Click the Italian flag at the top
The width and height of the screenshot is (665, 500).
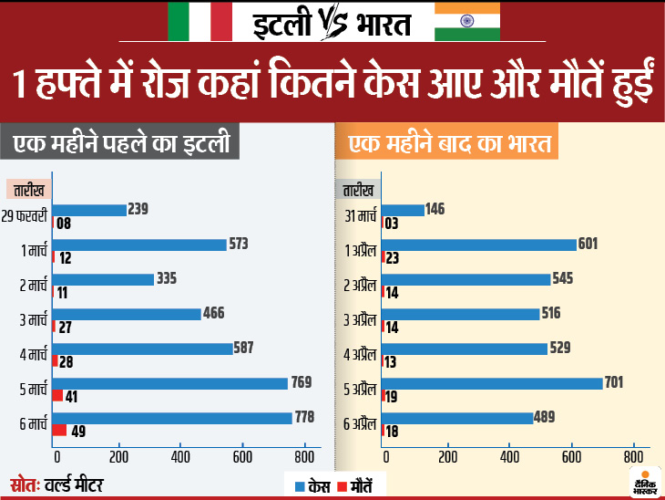[x=199, y=20]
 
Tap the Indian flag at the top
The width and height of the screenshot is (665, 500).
[x=467, y=20]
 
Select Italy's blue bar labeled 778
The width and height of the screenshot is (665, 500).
[x=173, y=417]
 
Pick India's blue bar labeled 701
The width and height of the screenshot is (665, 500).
[x=493, y=383]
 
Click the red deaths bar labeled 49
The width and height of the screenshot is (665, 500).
[x=59, y=431]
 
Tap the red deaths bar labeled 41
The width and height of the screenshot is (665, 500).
[x=57, y=396]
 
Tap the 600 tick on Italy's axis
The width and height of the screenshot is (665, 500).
[x=242, y=456]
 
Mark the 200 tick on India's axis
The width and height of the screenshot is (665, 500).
[x=448, y=456]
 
